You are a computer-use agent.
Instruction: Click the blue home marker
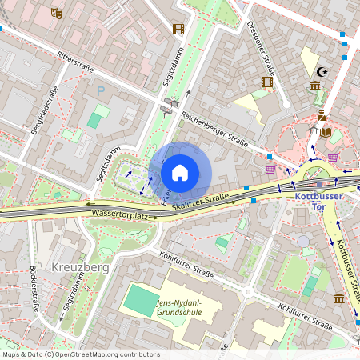tap(180, 173)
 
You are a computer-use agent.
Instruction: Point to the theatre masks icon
tap(56, 13)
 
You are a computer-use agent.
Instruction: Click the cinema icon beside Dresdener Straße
tap(267, 82)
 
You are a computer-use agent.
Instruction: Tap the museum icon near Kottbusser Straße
tap(338, 298)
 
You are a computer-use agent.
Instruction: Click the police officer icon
tap(321, 115)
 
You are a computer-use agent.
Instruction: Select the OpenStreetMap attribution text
tap(80, 354)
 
